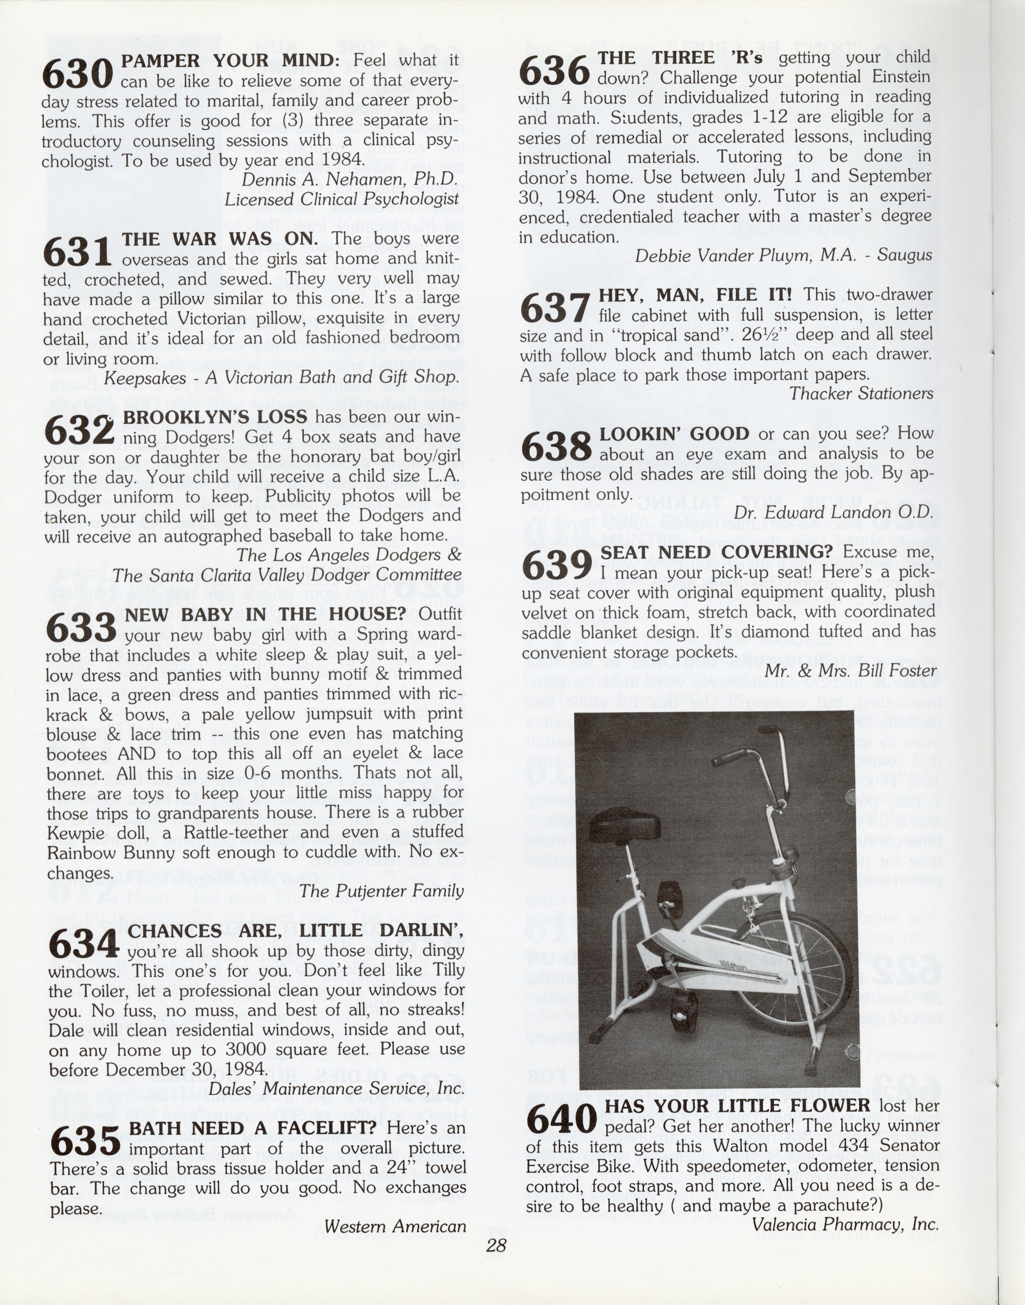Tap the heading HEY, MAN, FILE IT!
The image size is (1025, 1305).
pyautogui.click(x=696, y=295)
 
